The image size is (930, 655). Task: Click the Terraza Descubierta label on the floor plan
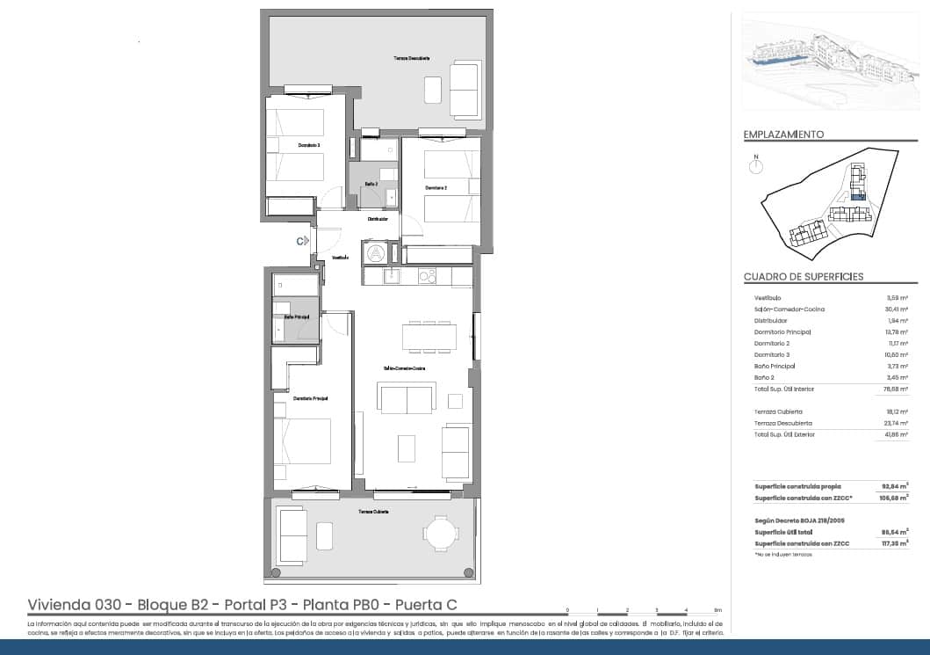411,58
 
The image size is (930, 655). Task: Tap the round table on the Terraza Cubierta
440,533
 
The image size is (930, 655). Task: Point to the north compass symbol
755,164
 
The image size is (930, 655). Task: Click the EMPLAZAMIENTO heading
783,135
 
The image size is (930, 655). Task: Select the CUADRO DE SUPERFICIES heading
804,277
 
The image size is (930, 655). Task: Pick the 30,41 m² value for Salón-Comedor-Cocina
896,309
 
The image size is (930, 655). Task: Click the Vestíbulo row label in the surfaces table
769,298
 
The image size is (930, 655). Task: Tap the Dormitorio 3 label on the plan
308,144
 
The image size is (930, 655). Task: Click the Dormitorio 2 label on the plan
436,188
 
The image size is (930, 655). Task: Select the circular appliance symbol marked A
376,252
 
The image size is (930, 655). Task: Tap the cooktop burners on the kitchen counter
427,276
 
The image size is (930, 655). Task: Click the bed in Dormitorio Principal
302,440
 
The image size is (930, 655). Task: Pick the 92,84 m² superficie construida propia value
895,485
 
